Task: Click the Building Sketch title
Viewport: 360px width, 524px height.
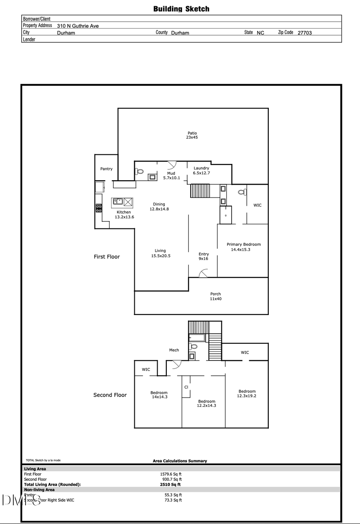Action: (181, 9)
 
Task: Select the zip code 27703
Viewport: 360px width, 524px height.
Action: (304, 33)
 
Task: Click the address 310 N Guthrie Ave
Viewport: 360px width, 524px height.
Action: (78, 26)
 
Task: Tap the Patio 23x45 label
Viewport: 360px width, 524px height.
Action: (192, 135)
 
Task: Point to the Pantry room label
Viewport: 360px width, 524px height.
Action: (106, 169)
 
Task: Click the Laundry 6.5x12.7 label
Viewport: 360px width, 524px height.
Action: (201, 171)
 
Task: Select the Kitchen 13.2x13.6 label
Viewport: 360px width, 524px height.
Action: (124, 215)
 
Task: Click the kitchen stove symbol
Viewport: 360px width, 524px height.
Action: (98, 208)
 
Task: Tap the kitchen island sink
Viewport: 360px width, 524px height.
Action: (118, 201)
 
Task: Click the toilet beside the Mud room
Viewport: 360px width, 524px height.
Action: (139, 171)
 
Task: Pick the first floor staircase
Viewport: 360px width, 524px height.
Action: (200, 191)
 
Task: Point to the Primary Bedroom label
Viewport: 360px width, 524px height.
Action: (244, 247)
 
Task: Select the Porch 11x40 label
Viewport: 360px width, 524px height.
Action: (216, 296)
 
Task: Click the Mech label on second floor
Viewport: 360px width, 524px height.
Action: (174, 350)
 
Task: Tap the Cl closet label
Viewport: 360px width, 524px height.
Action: (186, 387)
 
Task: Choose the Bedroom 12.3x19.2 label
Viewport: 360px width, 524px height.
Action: (247, 394)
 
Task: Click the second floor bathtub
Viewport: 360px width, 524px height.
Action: (197, 338)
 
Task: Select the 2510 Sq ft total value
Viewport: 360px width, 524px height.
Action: (170, 484)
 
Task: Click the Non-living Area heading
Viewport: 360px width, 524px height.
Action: (39, 490)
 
